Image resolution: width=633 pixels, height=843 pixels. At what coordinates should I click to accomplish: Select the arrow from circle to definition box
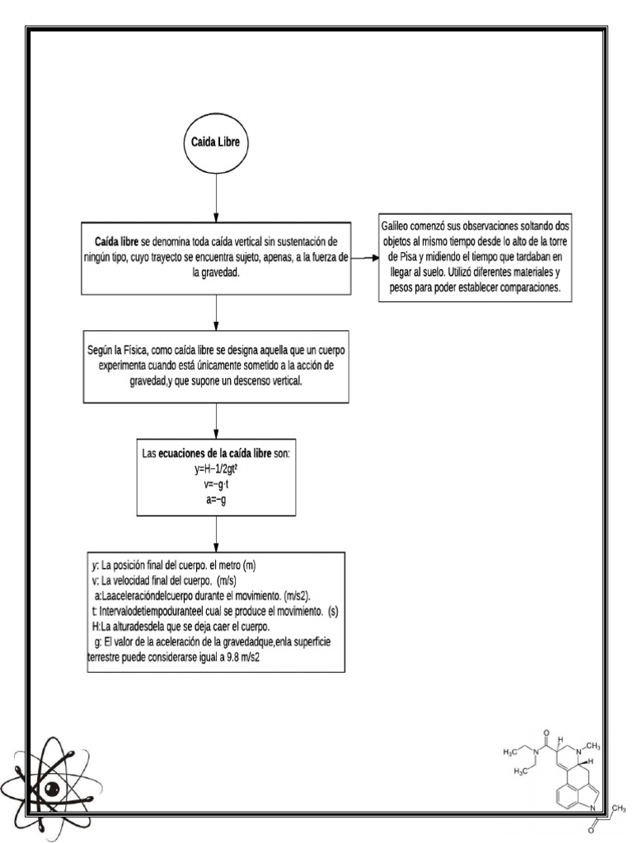pos(216,198)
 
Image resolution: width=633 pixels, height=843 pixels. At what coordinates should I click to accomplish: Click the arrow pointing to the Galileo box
pos(363,258)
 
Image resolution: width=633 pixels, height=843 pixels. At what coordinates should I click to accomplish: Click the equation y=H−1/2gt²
pos(216,469)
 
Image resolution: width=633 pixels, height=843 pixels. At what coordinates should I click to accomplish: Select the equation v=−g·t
pos(216,484)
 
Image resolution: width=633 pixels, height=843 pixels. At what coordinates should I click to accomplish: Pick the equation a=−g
pos(216,499)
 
